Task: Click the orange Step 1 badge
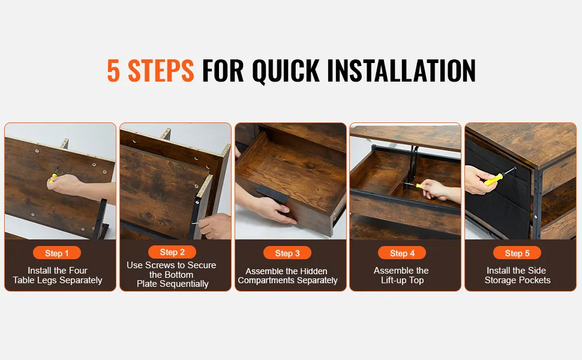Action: (57, 253)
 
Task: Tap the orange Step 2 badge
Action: (172, 252)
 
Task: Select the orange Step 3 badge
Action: (287, 253)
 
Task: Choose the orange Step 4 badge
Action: (402, 253)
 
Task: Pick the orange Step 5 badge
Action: (517, 253)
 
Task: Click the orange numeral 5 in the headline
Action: (113, 71)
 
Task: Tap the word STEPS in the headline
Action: (161, 71)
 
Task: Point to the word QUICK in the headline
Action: (286, 71)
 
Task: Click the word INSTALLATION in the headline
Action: (401, 71)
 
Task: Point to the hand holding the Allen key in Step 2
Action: (215, 226)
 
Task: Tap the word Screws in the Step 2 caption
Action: (159, 265)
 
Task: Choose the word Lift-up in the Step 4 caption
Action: (394, 280)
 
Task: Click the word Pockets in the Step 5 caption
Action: (535, 280)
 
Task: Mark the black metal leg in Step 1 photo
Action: (101, 220)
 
